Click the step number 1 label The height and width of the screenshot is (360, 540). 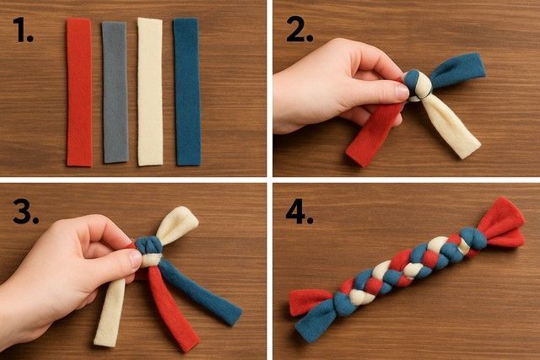pos(23,30)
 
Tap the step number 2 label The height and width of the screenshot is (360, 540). pos(300,30)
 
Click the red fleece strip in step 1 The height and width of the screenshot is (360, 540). pos(79,92)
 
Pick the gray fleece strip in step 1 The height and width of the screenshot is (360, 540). pos(115,92)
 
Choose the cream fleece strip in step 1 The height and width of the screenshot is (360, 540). pos(150,92)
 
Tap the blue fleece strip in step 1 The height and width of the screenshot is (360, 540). pos(186,92)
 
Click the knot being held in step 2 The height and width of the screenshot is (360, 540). pos(417,85)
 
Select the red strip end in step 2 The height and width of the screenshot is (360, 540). pos(373,135)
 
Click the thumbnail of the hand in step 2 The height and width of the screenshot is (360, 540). pos(402,91)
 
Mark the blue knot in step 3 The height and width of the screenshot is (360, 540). pos(148,245)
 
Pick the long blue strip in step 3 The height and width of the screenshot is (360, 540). pos(200,291)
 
